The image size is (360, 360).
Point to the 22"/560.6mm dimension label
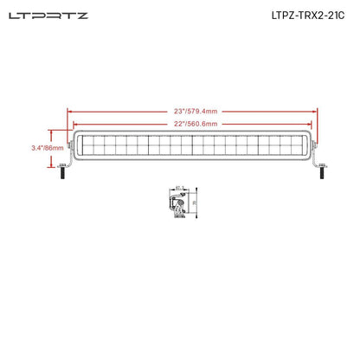(x=193, y=124)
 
